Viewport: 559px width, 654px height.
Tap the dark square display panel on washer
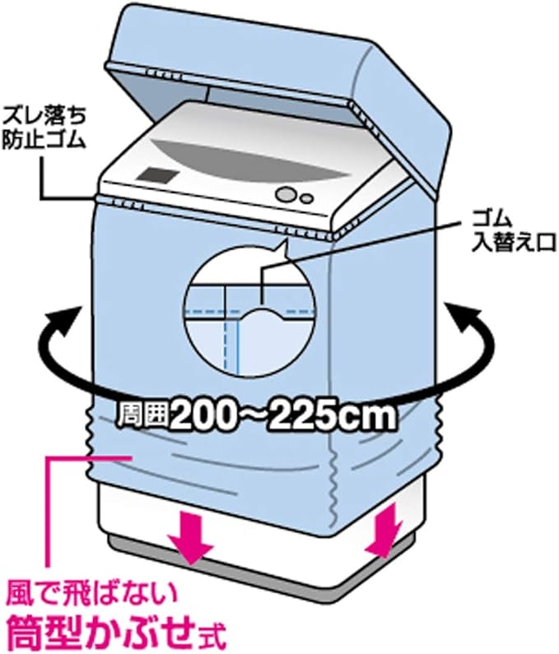pos(159,174)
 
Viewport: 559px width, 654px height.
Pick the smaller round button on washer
pos(306,197)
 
